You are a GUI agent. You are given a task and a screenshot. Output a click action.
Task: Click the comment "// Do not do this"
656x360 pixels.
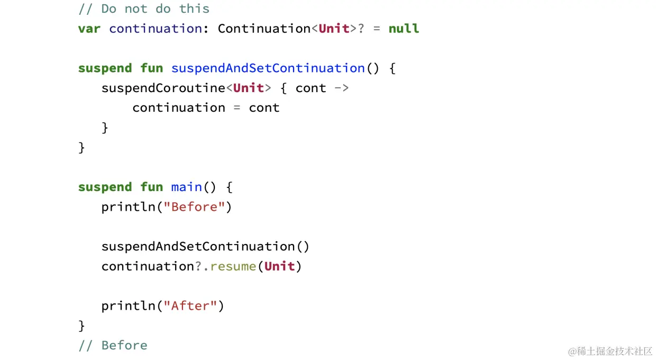point(143,8)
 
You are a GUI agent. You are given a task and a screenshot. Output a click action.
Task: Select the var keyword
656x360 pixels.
point(89,29)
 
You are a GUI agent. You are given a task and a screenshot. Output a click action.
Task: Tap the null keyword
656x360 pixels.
point(404,29)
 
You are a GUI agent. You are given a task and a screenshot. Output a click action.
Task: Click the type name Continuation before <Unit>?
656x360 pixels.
point(264,29)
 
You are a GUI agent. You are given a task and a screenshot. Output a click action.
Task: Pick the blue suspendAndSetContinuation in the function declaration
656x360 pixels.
point(268,68)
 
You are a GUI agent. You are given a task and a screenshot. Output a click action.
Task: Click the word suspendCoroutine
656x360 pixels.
point(163,88)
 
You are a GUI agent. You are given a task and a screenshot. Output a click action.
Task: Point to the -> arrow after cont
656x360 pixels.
point(342,88)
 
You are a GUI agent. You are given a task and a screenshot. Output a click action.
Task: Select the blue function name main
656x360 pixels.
point(186,187)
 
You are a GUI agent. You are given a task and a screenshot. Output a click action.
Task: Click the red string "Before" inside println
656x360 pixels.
point(194,207)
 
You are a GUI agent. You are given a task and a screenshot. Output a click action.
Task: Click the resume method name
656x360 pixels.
point(233,266)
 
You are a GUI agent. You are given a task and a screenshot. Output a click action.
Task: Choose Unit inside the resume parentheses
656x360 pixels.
point(279,266)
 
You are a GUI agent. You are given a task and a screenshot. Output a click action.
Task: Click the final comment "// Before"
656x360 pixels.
point(113,345)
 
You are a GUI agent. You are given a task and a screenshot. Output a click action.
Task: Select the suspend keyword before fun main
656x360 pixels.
point(105,187)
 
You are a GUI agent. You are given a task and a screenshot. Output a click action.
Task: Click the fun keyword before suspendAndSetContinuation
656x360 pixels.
point(151,68)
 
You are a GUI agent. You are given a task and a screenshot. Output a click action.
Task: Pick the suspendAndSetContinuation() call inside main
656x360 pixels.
point(205,247)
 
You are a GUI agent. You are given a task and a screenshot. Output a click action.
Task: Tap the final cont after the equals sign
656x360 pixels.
point(264,108)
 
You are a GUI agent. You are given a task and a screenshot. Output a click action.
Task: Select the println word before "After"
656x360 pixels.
point(129,306)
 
